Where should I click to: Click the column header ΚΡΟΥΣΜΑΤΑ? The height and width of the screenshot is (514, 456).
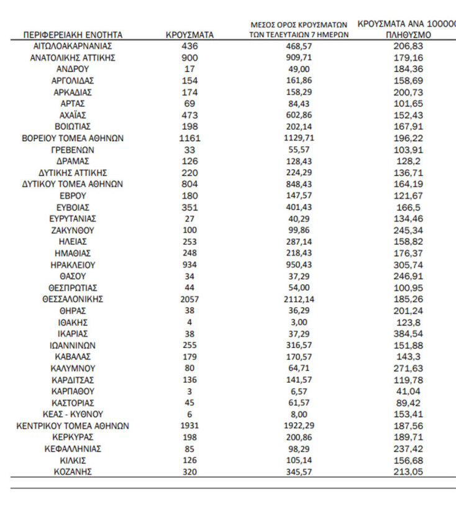[189, 35]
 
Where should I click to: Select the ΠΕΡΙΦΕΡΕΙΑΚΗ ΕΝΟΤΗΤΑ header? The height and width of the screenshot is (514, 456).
[73, 35]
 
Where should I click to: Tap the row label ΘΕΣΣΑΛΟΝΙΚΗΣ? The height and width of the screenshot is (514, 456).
[73, 299]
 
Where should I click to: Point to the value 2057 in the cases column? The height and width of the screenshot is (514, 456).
[189, 299]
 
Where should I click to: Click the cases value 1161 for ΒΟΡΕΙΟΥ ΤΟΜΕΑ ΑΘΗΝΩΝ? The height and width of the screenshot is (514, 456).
[189, 138]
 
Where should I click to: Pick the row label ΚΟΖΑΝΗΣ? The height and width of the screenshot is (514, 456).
[73, 471]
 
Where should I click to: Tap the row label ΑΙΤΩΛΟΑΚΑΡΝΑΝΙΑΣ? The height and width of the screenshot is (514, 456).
[73, 47]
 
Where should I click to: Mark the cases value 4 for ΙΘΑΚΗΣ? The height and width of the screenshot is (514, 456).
[189, 322]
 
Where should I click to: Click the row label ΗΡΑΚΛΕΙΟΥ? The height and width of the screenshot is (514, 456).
[73, 264]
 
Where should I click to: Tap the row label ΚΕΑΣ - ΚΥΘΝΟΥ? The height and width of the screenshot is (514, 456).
[73, 414]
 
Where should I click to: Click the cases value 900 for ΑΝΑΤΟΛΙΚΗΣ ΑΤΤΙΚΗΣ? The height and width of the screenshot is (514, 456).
[189, 58]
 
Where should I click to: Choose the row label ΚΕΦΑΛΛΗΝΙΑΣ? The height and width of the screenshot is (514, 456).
[73, 448]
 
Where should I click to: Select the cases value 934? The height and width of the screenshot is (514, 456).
[189, 264]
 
